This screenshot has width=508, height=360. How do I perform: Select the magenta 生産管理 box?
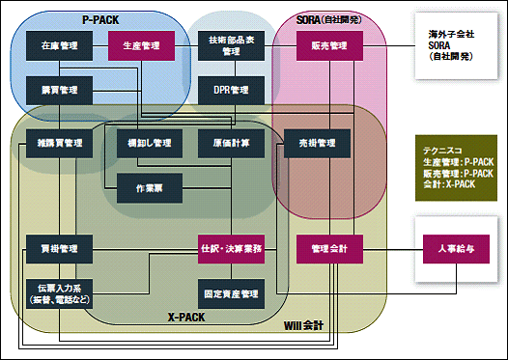point(141,45)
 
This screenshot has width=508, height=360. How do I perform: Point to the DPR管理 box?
point(231,90)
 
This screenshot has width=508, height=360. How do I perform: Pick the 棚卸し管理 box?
point(150,143)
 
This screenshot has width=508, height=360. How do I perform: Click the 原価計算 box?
point(231,143)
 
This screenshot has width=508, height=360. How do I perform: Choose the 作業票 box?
point(150,187)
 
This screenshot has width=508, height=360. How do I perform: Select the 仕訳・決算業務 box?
point(231,249)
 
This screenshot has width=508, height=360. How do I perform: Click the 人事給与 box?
point(454,249)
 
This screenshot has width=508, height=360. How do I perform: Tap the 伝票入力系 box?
point(59,294)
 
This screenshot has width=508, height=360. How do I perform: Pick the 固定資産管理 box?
point(231,293)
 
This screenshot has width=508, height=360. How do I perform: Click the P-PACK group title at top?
point(101,20)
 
